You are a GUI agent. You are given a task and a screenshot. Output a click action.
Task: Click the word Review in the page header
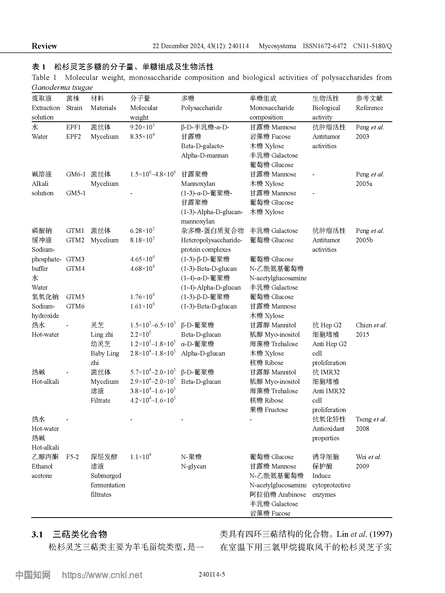44,46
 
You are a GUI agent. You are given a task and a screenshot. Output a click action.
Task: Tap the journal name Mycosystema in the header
277,46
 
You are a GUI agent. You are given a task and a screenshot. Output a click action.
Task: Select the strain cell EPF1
73,127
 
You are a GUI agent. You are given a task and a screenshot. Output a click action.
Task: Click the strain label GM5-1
76,193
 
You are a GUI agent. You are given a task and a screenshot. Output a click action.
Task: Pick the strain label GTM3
75,259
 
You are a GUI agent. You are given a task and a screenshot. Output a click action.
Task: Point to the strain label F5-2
72,457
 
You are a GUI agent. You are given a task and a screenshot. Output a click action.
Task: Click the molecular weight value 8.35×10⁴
142,136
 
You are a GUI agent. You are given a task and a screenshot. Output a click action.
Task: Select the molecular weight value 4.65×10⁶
142,259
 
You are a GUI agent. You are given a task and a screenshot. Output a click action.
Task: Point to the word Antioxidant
328,429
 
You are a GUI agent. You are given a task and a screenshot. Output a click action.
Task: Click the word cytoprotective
331,485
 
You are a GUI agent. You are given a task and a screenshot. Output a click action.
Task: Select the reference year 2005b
364,240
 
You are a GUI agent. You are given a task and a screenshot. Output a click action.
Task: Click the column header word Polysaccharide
201,108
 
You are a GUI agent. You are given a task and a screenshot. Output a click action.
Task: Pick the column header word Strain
74,108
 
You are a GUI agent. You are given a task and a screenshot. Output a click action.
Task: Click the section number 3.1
37,534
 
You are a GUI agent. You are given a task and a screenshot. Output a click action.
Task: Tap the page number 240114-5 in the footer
212,575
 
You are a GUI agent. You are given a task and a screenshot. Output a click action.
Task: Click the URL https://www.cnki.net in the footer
102,575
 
